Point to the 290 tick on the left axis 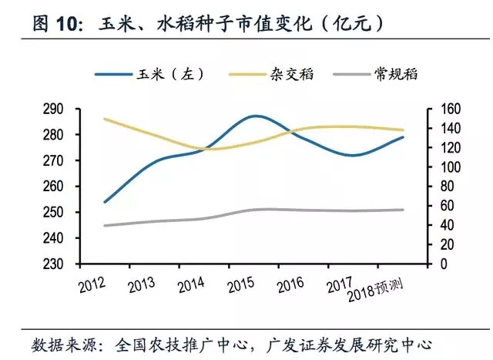[x=63, y=109]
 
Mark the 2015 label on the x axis [x=244, y=284]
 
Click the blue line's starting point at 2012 [x=105, y=202]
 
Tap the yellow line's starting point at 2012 [x=105, y=119]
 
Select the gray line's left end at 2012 [x=105, y=226]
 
